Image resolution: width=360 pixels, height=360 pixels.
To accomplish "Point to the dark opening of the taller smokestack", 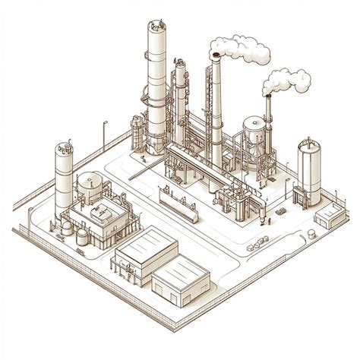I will (216, 55).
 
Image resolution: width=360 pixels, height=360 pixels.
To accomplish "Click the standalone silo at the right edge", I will (308, 173).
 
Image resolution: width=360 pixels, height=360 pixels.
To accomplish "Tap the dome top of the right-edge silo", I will (308, 145).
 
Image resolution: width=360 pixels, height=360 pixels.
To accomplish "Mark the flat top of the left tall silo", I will (62, 147).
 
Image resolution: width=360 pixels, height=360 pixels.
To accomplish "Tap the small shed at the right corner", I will (329, 218).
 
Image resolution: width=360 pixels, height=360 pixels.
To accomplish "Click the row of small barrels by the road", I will (260, 243).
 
